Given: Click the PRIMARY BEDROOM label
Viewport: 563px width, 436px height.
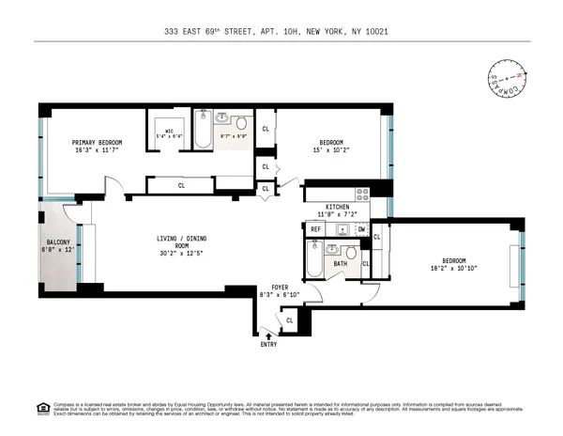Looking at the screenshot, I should pyautogui.click(x=98, y=142).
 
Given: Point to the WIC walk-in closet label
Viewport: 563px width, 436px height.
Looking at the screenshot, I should pyautogui.click(x=170, y=131).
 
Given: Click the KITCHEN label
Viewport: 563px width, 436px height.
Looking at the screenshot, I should pyautogui.click(x=338, y=206).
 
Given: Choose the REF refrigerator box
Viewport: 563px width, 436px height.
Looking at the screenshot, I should pyautogui.click(x=316, y=229).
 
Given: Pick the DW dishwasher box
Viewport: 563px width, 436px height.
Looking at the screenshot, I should pyautogui.click(x=361, y=229).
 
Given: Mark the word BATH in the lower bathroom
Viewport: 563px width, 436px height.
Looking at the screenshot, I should pyautogui.click(x=340, y=264).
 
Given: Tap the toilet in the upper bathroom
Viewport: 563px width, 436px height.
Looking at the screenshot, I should pyautogui.click(x=241, y=122).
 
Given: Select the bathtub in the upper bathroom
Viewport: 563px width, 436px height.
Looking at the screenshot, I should pyautogui.click(x=203, y=133).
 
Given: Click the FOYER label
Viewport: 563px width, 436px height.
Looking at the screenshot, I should pyautogui.click(x=280, y=287).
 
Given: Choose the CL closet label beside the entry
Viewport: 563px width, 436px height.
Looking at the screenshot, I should pyautogui.click(x=289, y=320).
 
